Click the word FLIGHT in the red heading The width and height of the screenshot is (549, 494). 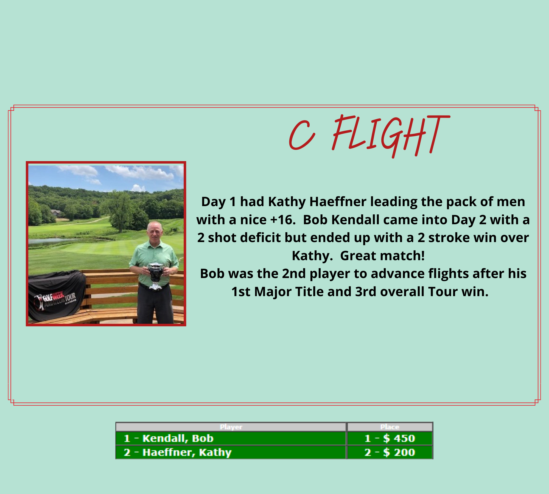coord(391,136)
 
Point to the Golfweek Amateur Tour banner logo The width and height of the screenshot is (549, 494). coord(55,301)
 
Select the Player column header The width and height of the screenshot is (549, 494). coord(231,427)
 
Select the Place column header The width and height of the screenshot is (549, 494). coord(390,427)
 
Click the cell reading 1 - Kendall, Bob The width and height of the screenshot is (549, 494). coord(231,438)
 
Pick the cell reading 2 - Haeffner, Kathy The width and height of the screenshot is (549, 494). coord(231,452)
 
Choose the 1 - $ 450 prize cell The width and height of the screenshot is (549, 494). coord(390,438)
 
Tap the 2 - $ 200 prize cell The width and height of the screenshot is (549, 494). coord(390,452)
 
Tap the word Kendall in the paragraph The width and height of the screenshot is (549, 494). coord(354,220)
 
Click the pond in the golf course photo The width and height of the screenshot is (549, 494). coord(55,242)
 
